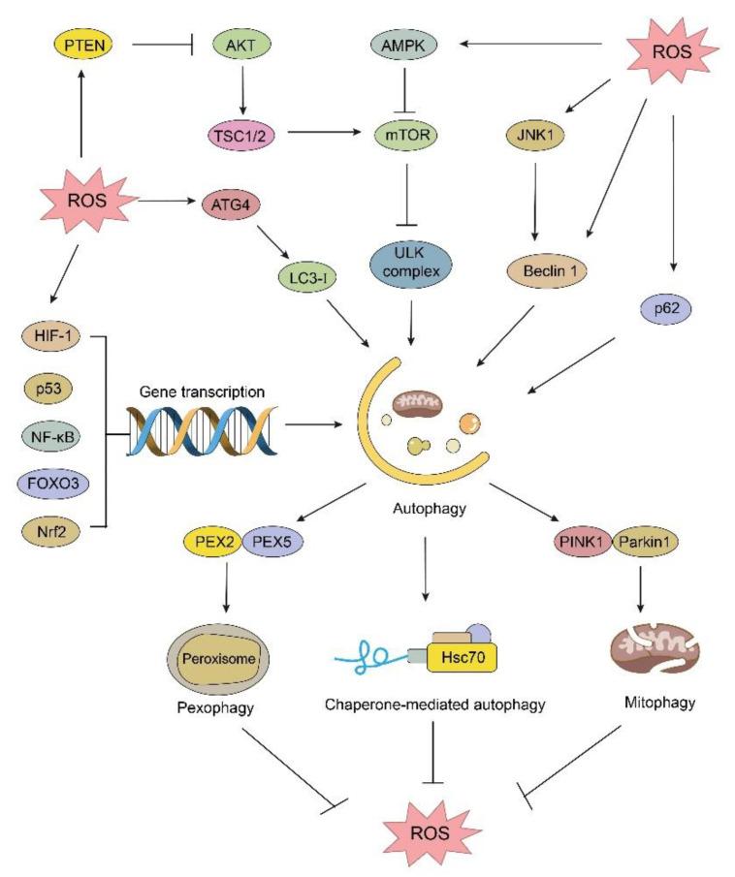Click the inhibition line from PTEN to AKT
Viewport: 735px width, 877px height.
[159, 44]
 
